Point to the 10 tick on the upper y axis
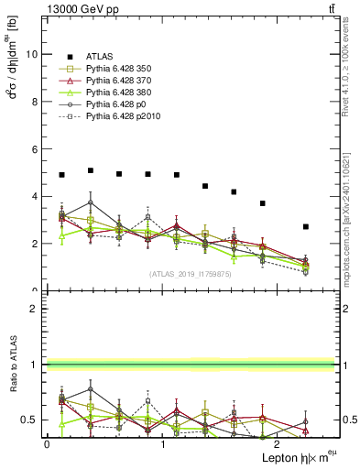point(33,54)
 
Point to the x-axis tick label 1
point(163,444)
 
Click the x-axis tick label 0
point(47,444)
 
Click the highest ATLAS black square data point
point(90,170)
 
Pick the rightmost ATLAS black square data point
point(306,226)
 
